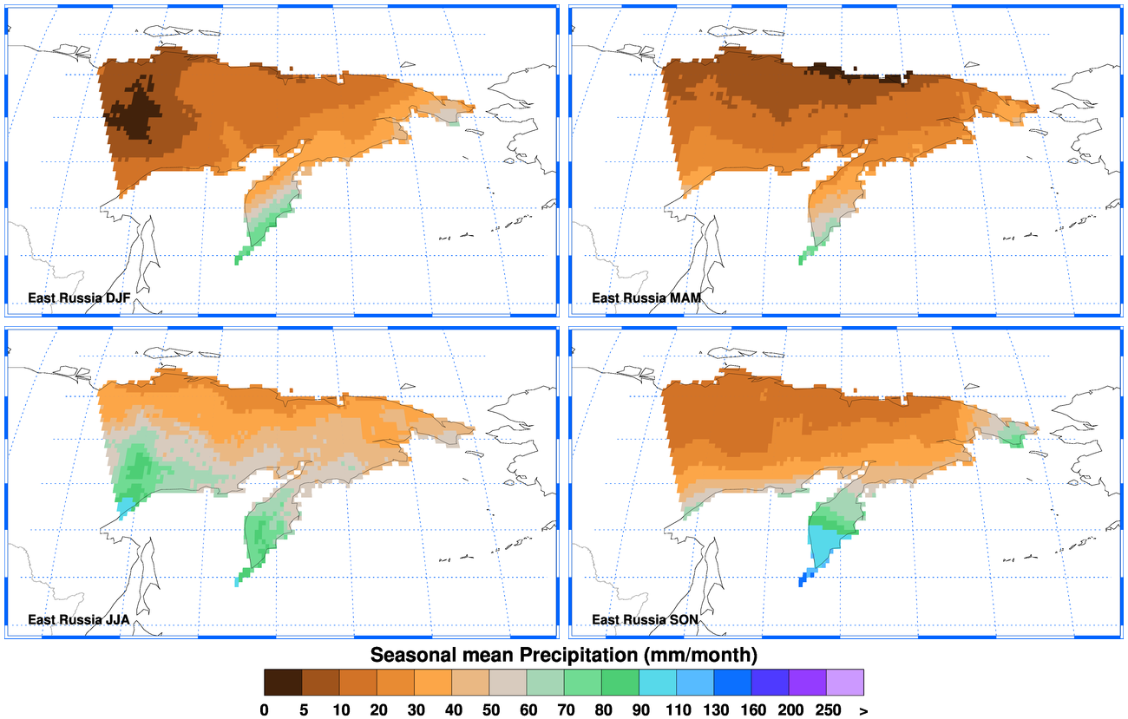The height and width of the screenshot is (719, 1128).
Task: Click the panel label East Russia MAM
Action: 647,298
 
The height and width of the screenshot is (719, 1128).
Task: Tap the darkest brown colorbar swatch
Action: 283,682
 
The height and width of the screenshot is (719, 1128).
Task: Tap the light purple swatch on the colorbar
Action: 845,682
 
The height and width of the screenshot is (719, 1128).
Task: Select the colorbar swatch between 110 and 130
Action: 695,682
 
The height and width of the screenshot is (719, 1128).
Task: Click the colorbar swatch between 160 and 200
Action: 771,682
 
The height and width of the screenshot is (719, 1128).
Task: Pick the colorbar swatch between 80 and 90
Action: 620,682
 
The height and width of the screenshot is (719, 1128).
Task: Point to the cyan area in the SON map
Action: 823,545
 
